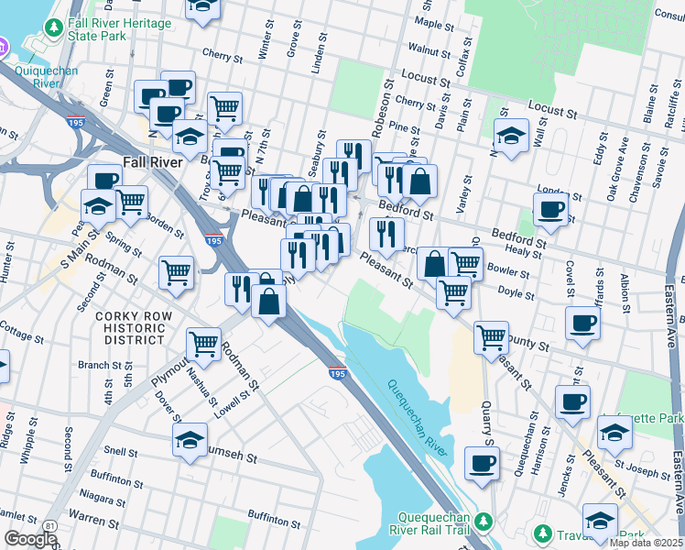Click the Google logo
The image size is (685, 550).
tap(30, 539)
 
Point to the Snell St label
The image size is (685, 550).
tap(120, 452)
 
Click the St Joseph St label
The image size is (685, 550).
tap(642, 473)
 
